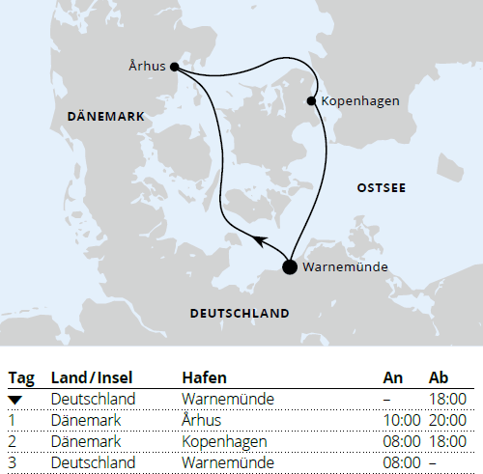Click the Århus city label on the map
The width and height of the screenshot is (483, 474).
[x=147, y=67]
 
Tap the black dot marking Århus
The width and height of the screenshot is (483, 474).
[x=174, y=68]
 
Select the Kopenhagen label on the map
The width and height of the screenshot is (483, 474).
[x=358, y=100]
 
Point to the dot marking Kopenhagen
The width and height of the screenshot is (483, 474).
[x=311, y=100]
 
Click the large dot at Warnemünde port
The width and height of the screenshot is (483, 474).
[x=289, y=267]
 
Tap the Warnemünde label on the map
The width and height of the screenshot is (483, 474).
[x=346, y=266]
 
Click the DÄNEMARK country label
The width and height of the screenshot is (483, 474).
[x=106, y=116]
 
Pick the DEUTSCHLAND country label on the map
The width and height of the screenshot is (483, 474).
[x=241, y=314]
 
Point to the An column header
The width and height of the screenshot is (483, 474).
[x=393, y=377]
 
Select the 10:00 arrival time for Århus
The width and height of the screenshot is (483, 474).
[x=401, y=420]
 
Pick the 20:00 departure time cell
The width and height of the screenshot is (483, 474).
[x=447, y=420]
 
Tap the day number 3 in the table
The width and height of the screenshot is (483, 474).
[x=13, y=463]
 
